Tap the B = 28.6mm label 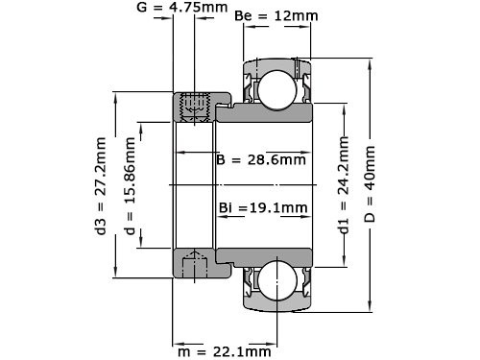tap(260, 159)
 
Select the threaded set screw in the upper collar tap(195, 106)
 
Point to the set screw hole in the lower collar tap(195, 262)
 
